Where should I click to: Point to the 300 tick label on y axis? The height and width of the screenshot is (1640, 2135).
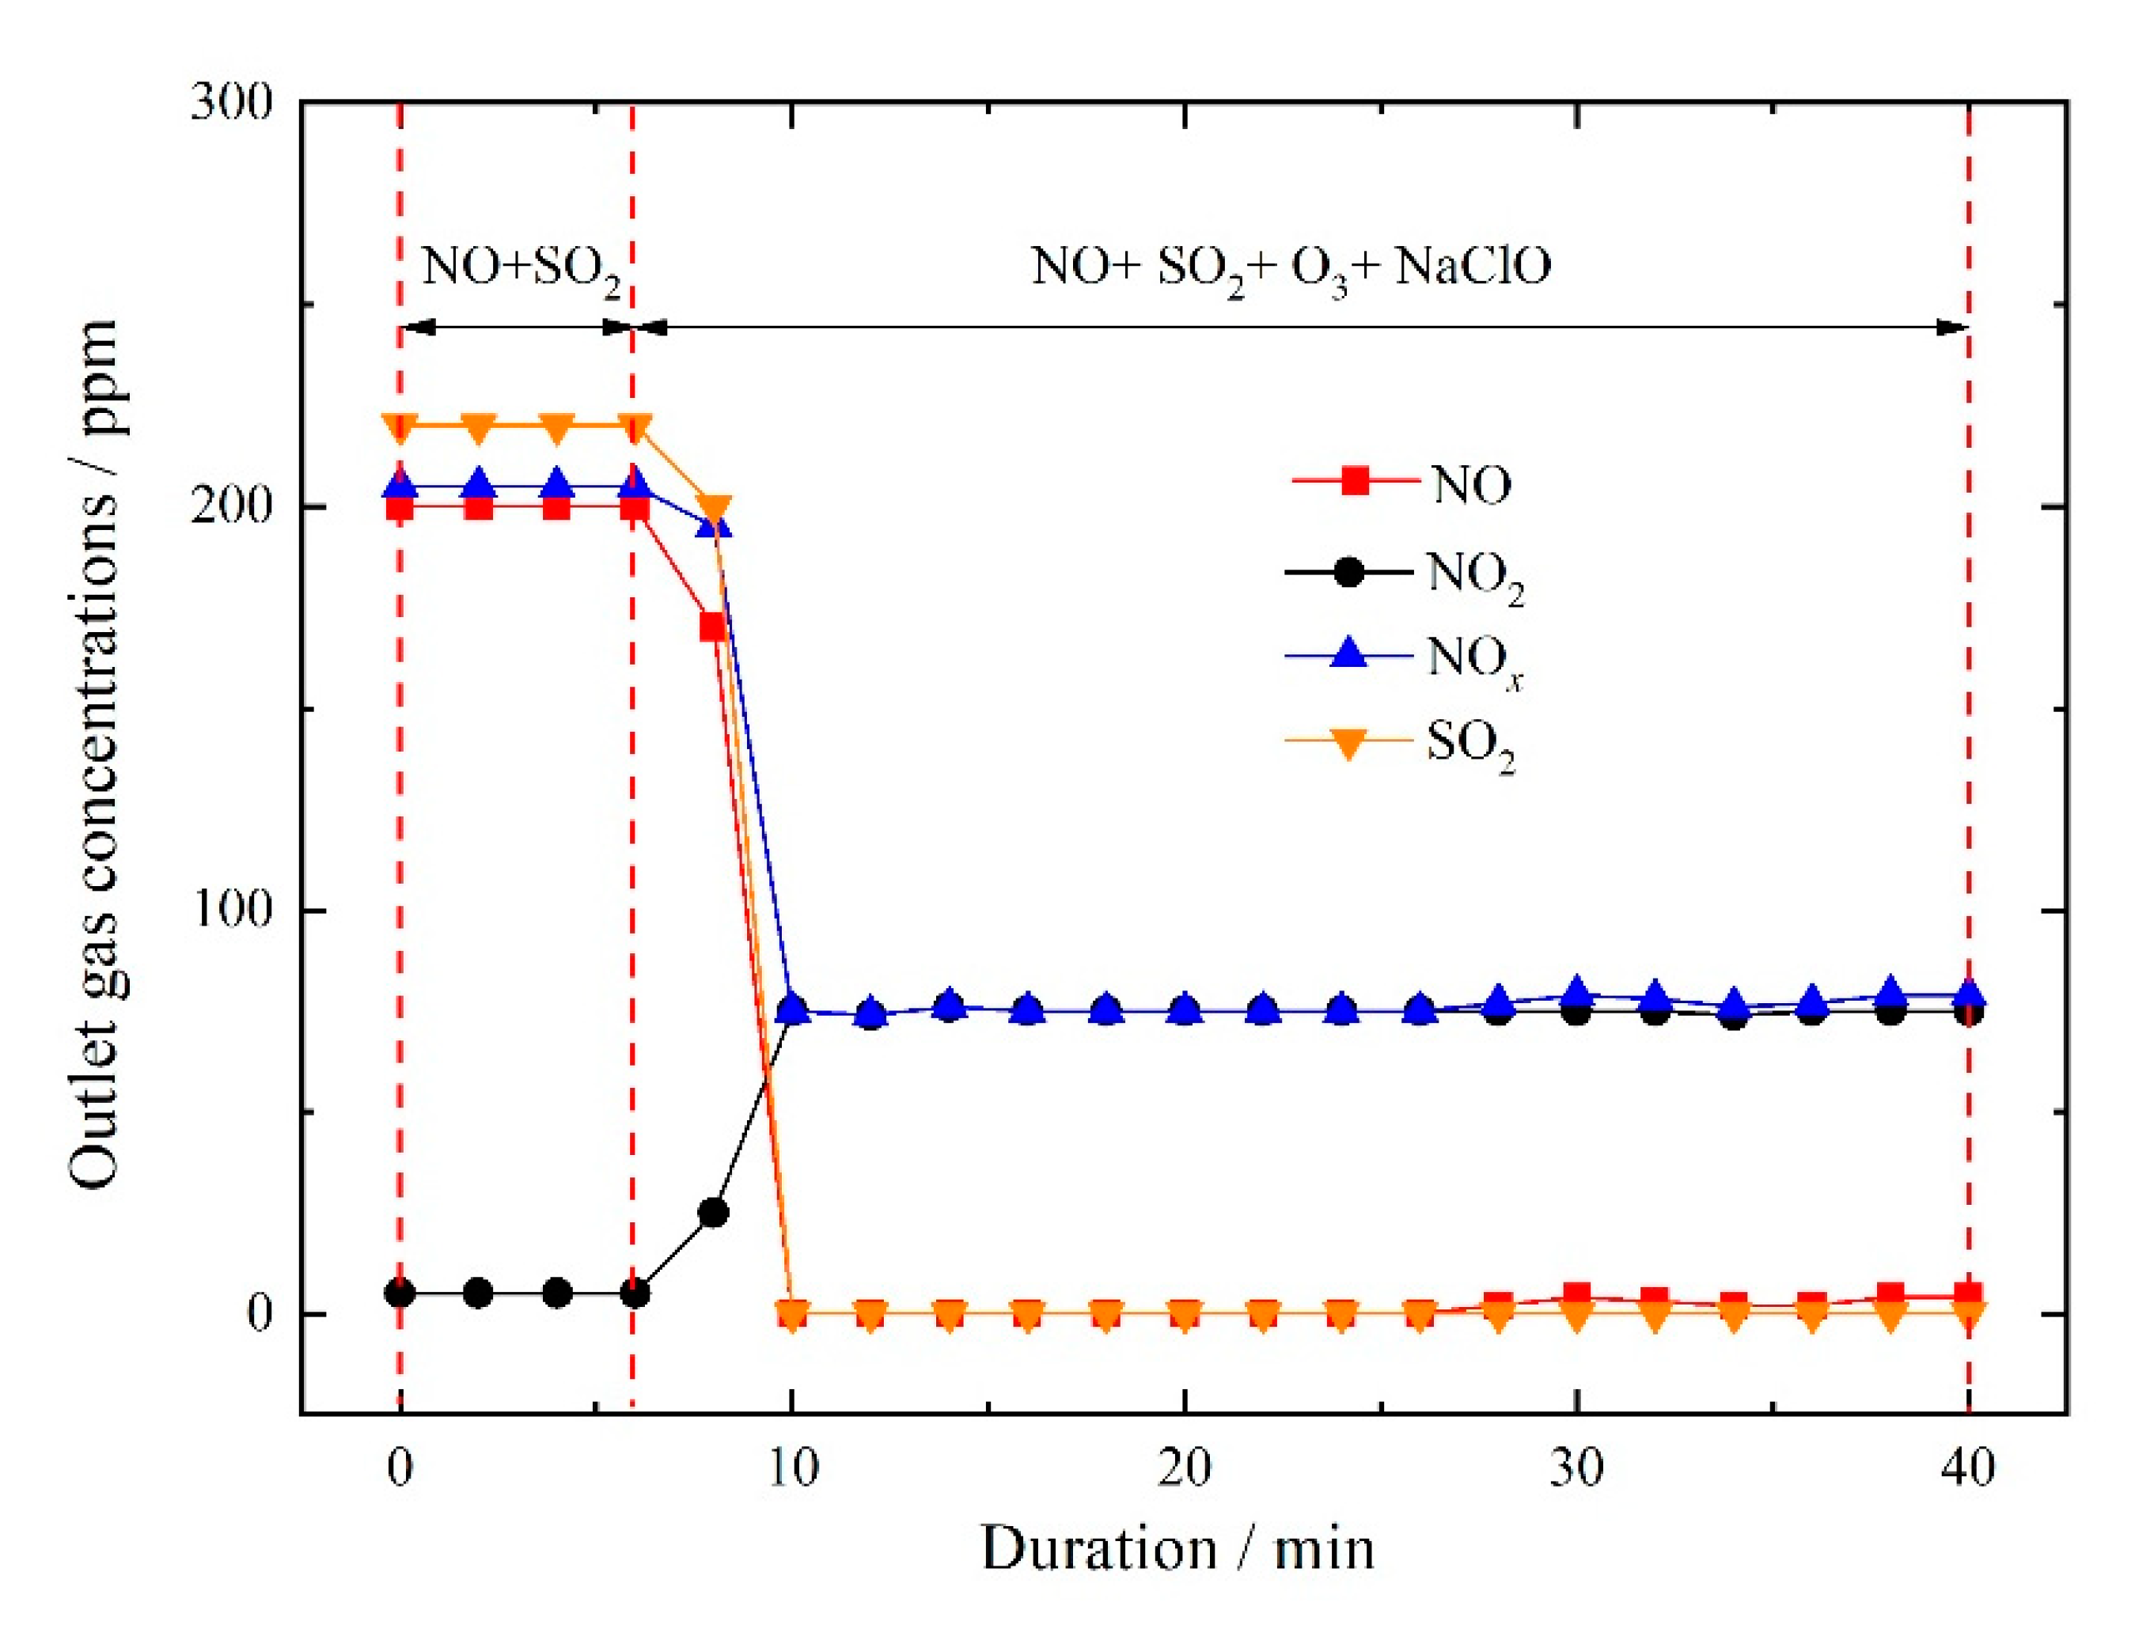pyautogui.click(x=230, y=103)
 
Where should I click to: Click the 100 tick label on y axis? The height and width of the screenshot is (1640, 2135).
pyautogui.click(x=230, y=909)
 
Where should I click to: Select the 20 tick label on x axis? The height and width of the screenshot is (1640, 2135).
pyautogui.click(x=1183, y=1468)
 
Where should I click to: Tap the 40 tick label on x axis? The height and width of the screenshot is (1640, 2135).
pyautogui.click(x=1966, y=1468)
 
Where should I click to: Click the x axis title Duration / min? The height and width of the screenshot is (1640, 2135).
pyautogui.click(x=1177, y=1549)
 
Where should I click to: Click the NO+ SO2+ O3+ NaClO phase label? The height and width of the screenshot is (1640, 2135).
pyautogui.click(x=1291, y=267)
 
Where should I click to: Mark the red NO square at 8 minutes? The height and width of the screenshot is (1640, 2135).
pyautogui.click(x=714, y=627)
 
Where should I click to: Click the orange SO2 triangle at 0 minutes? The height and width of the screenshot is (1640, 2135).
pyautogui.click(x=400, y=427)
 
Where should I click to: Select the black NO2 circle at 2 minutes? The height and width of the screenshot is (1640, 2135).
pyautogui.click(x=478, y=1293)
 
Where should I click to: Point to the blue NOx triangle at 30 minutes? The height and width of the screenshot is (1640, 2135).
pyautogui.click(x=1576, y=992)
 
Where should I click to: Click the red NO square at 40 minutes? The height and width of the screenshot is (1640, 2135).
pyautogui.click(x=1967, y=1295)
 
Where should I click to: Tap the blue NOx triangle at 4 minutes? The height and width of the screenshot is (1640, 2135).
pyautogui.click(x=556, y=483)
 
